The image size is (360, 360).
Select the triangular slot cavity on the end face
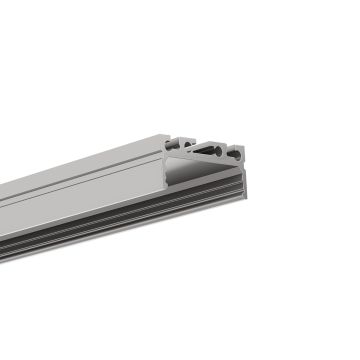[x=206, y=150]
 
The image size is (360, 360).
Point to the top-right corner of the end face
[x=243, y=145]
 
